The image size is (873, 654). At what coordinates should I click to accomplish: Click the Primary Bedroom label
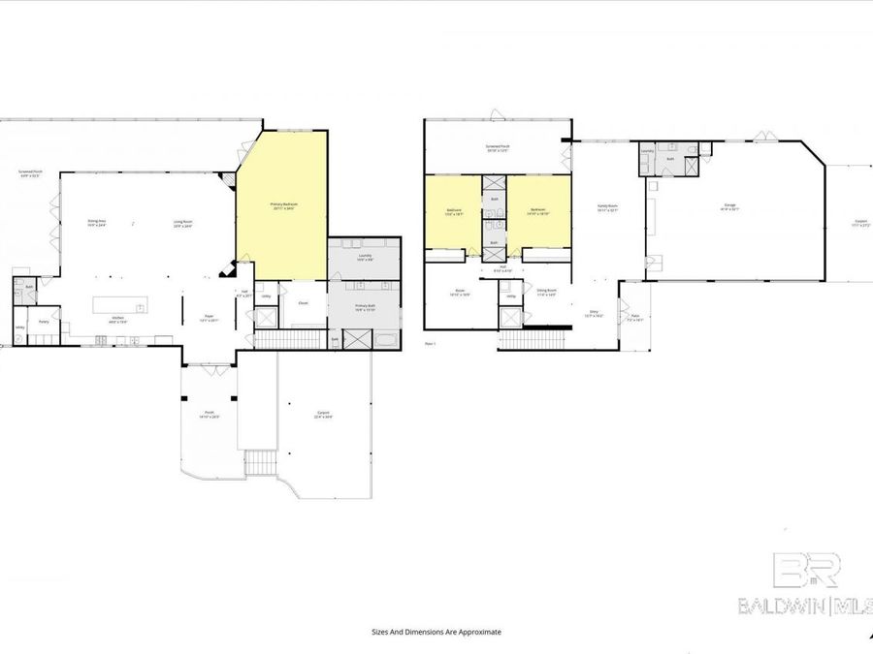283,205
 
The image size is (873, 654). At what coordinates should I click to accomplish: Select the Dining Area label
97,223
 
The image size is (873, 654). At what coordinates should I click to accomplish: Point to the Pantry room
44,322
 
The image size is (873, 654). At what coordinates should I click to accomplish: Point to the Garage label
730,206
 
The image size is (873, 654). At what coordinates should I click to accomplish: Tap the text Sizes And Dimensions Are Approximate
436,632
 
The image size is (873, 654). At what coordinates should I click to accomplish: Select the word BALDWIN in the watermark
780,607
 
